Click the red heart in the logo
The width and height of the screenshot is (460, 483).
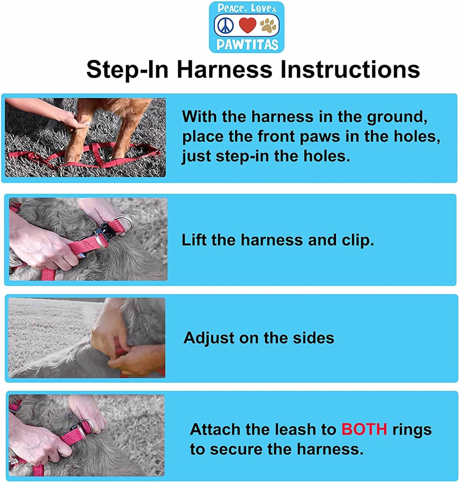pyautogui.click(x=248, y=25)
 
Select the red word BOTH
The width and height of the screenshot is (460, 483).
pyautogui.click(x=364, y=429)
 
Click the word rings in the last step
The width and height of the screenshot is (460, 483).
pyautogui.click(x=412, y=430)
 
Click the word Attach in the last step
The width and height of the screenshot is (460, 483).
pyautogui.click(x=215, y=429)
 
